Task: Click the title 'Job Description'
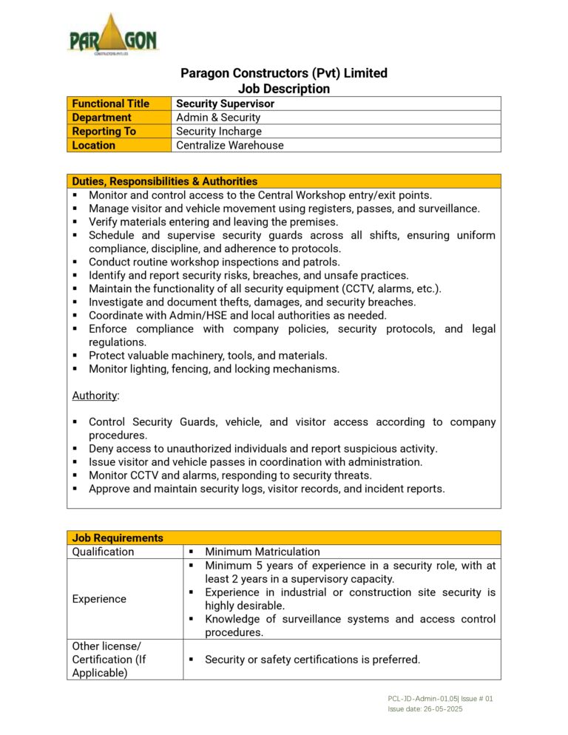(x=284, y=89)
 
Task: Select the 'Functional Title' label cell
(x=110, y=104)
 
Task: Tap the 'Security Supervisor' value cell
(x=225, y=104)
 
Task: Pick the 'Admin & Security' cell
(x=218, y=118)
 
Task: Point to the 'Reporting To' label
(x=104, y=132)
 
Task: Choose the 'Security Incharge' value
(x=219, y=132)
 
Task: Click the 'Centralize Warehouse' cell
(x=230, y=146)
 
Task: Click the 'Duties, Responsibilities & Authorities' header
(x=165, y=181)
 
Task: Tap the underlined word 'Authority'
(x=95, y=396)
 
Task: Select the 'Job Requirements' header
(x=118, y=538)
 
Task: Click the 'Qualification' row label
(x=104, y=552)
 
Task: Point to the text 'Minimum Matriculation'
(x=263, y=552)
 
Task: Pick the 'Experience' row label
(x=99, y=599)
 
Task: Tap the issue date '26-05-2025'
(x=443, y=708)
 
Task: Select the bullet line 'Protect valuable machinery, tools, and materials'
(x=208, y=356)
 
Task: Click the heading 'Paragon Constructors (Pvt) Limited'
(x=284, y=73)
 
